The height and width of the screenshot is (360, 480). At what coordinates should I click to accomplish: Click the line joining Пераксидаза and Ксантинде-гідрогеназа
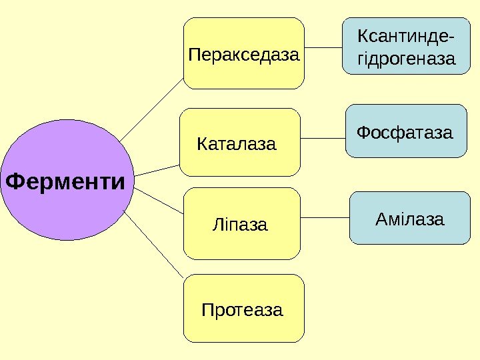323,47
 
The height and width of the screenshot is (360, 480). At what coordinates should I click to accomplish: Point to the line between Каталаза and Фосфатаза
323,138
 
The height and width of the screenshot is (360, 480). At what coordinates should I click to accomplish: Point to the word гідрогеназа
407,59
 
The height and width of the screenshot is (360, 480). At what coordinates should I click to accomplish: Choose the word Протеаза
242,310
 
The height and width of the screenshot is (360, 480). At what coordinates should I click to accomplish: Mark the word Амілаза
409,218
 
